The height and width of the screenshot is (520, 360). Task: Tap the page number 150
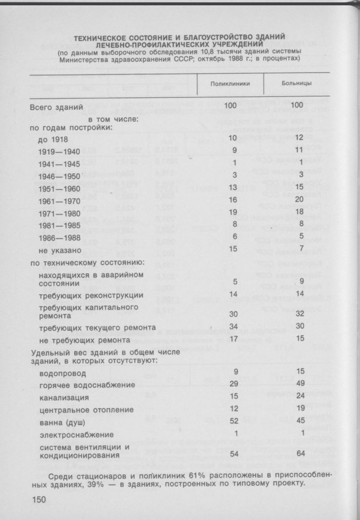click(40, 500)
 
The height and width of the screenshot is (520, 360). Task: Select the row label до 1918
click(53, 139)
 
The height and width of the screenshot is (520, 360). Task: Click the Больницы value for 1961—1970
click(297, 201)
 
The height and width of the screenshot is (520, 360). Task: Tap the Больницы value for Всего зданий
click(296, 106)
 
